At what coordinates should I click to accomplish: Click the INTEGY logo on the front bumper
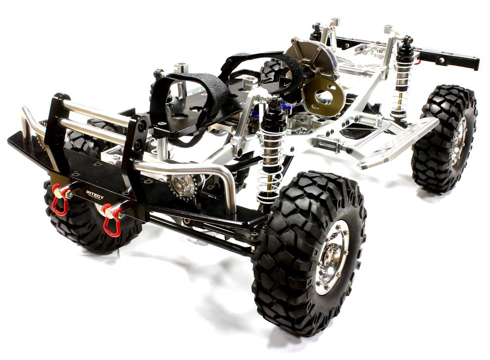[95, 194]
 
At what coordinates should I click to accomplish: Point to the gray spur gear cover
[313, 59]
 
